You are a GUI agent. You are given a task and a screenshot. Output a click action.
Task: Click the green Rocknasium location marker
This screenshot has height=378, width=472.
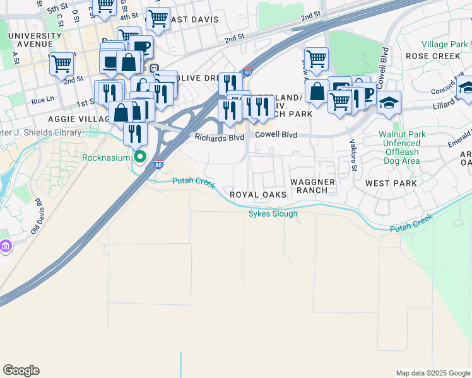(141, 157)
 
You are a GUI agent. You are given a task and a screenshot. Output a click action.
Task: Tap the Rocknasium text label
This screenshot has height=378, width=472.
(107, 157)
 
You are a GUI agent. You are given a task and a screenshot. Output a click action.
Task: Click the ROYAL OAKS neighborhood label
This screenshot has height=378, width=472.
(258, 195)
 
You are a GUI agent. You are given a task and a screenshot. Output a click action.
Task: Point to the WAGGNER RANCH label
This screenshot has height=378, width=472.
(313, 186)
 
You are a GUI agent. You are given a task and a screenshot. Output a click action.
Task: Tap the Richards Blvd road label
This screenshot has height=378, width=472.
(219, 137)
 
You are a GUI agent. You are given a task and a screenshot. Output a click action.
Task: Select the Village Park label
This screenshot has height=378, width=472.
(445, 45)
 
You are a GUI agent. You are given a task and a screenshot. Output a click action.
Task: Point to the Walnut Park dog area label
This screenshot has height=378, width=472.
(408, 144)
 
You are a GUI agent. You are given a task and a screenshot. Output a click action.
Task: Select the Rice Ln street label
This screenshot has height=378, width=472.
(42, 100)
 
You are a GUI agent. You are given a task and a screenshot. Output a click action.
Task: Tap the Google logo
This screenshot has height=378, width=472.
(21, 370)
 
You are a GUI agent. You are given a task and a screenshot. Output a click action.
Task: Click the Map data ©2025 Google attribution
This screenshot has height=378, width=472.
(432, 373)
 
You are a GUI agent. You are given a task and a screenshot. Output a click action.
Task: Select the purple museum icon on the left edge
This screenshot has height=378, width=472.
(6, 246)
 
